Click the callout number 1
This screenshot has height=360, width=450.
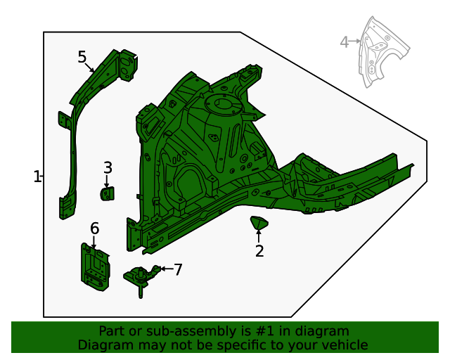point(37,176)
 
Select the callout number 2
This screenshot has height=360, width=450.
point(259,251)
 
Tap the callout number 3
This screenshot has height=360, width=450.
point(108,167)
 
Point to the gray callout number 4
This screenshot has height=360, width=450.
point(344,42)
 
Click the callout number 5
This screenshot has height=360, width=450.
point(82,57)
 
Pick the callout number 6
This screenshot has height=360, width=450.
point(94,229)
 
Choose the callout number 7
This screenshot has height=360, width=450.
point(178,269)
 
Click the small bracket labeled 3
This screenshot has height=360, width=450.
point(107,193)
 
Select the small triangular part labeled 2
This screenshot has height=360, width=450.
point(259,224)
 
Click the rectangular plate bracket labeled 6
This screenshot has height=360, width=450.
point(94,266)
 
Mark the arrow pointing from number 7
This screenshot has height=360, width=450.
point(165,269)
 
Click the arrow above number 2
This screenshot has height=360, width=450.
point(259,235)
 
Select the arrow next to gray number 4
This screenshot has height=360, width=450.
point(356,42)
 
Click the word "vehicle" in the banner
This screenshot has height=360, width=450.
point(344,345)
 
